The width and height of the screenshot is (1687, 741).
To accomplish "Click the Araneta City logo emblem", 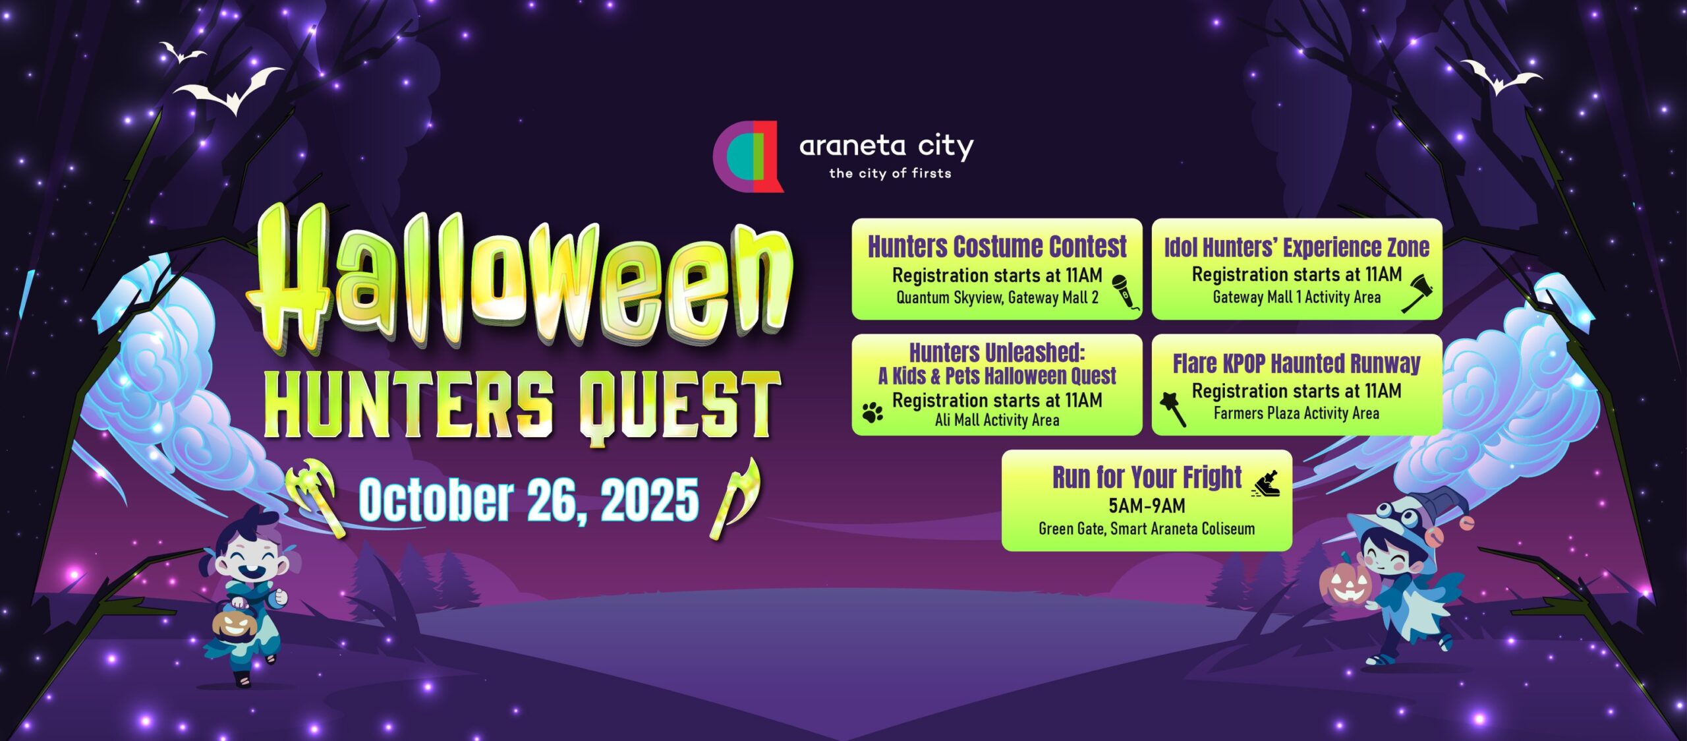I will point(748,156).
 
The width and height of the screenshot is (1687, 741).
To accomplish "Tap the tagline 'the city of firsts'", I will point(890,173).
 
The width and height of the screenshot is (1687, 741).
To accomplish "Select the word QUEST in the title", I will point(679,405).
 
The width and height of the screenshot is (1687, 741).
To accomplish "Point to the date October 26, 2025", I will point(528,500).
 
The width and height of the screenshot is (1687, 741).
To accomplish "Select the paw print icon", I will point(872,412).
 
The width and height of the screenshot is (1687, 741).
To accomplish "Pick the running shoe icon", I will point(1266,485).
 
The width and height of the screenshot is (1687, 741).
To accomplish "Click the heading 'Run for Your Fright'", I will point(1147,477).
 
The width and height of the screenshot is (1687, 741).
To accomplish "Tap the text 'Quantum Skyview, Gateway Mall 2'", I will point(997,297).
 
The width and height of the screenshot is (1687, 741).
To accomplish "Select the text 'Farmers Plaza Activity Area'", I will point(1296,413).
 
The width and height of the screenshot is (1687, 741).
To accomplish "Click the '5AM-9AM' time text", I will point(1147,506).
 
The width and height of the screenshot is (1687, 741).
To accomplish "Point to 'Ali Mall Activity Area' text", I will point(997,420).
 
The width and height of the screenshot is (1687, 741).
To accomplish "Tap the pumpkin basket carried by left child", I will point(233,623).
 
